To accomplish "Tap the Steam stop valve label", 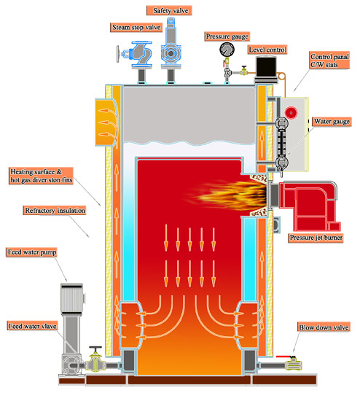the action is click(136, 27).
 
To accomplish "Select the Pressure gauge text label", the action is click(227, 36).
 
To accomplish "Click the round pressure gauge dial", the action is click(227, 50).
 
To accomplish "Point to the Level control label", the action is click(267, 50).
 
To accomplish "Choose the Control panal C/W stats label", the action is click(329, 61).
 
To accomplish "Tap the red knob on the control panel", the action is click(291, 113).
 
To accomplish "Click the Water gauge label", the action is click(332, 122).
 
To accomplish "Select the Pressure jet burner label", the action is click(316, 238).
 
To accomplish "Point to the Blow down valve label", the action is click(324, 327).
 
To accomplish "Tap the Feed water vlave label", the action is click(32, 326).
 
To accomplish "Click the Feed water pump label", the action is click(31, 252).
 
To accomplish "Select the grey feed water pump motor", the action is click(71, 299).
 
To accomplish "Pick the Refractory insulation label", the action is click(55, 210).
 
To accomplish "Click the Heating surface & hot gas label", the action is click(42, 176).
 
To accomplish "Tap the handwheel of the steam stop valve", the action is click(118, 54).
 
